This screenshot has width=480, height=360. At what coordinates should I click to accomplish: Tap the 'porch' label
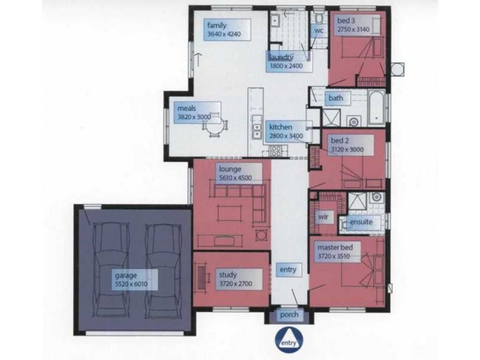click(x=289, y=315)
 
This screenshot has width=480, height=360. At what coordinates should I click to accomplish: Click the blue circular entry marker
click(x=289, y=340)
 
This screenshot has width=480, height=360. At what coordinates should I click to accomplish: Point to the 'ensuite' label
click(x=361, y=222)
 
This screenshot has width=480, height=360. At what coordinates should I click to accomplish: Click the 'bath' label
click(x=335, y=98)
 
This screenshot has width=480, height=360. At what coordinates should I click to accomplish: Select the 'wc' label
click(x=319, y=31)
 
